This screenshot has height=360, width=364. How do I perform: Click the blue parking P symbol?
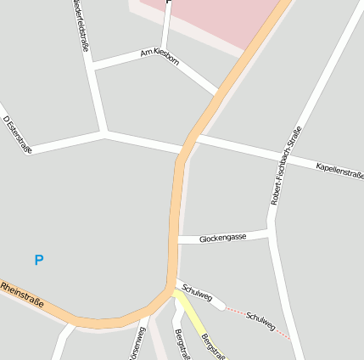tap(38, 260)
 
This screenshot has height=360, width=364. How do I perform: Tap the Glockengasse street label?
tap(222, 238)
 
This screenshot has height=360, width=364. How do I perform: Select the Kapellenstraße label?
tap(339, 170)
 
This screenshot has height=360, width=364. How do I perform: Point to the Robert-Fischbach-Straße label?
tap(286, 165)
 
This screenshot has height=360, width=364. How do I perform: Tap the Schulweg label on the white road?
tap(196, 291)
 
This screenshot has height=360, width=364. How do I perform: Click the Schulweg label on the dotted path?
tap(260, 320)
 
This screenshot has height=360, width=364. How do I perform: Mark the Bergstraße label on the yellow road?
tap(212, 345)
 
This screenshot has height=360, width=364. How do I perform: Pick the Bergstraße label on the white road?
tap(180, 344)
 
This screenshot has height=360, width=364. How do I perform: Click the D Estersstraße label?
tap(17, 134)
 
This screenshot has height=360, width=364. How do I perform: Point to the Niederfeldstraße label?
tap(80, 25)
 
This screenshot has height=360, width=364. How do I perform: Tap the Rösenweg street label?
tap(136, 344)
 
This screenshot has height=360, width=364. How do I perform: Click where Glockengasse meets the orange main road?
tap(177, 241)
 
